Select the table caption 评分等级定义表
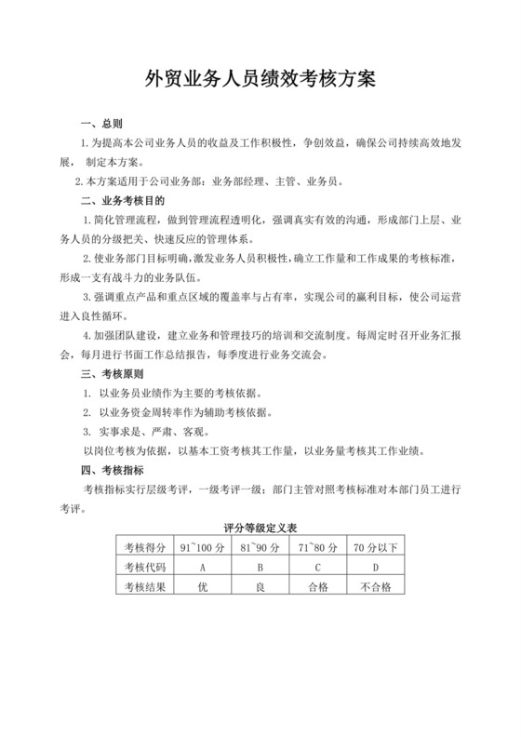(260, 528)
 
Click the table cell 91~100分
(202, 546)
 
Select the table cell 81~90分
(260, 546)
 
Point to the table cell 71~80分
(317, 546)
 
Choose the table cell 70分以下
(375, 546)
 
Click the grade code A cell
(202, 567)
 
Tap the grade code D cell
(375, 567)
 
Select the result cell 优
(202, 587)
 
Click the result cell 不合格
(375, 587)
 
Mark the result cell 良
(260, 587)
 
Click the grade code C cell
(317, 567)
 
